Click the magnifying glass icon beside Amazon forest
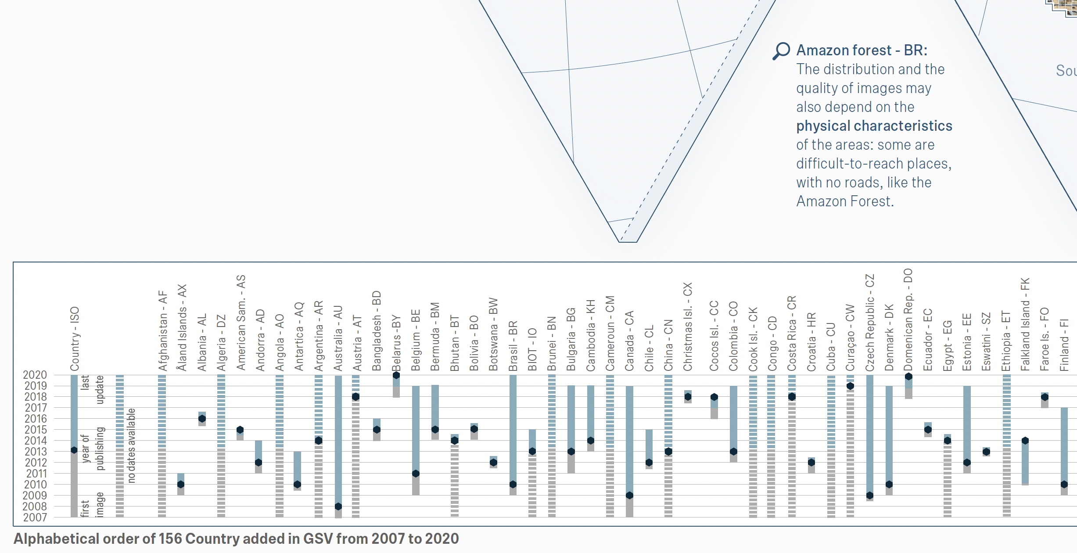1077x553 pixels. point(781,51)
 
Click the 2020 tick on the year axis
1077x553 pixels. point(35,375)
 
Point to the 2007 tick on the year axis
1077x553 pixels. point(35,517)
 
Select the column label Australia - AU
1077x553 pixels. point(338,338)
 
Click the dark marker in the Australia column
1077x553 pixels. point(338,506)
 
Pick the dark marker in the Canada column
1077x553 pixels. point(629,496)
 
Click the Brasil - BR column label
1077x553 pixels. point(513,346)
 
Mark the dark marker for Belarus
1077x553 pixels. point(396,375)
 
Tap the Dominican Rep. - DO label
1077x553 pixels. point(908,320)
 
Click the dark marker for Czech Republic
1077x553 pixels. point(870,496)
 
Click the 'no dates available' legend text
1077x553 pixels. point(131,445)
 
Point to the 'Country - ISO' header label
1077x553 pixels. point(75,338)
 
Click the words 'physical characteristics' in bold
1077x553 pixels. point(874,126)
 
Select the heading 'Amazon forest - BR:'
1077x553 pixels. point(862,50)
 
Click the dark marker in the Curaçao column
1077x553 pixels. point(850,386)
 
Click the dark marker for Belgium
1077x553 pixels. point(416,474)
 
